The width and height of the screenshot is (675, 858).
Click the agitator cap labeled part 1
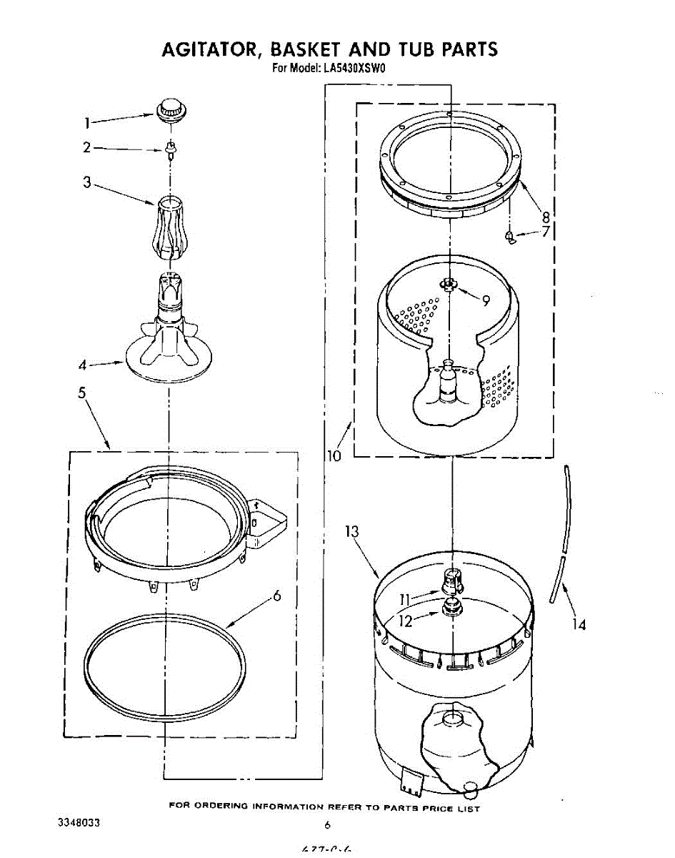point(171,110)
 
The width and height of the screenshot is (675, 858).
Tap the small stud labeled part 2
point(170,149)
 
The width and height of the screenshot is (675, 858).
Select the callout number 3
point(86,182)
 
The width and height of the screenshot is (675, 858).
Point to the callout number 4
point(83,365)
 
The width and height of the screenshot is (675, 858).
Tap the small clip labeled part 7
point(509,237)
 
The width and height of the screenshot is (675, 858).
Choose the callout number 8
point(545,217)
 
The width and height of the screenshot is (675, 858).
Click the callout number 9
point(486,301)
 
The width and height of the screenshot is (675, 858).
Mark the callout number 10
point(334,455)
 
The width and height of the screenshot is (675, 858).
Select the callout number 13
point(351,531)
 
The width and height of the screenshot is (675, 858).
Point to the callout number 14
point(579,624)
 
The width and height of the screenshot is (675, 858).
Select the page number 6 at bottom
point(327,825)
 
